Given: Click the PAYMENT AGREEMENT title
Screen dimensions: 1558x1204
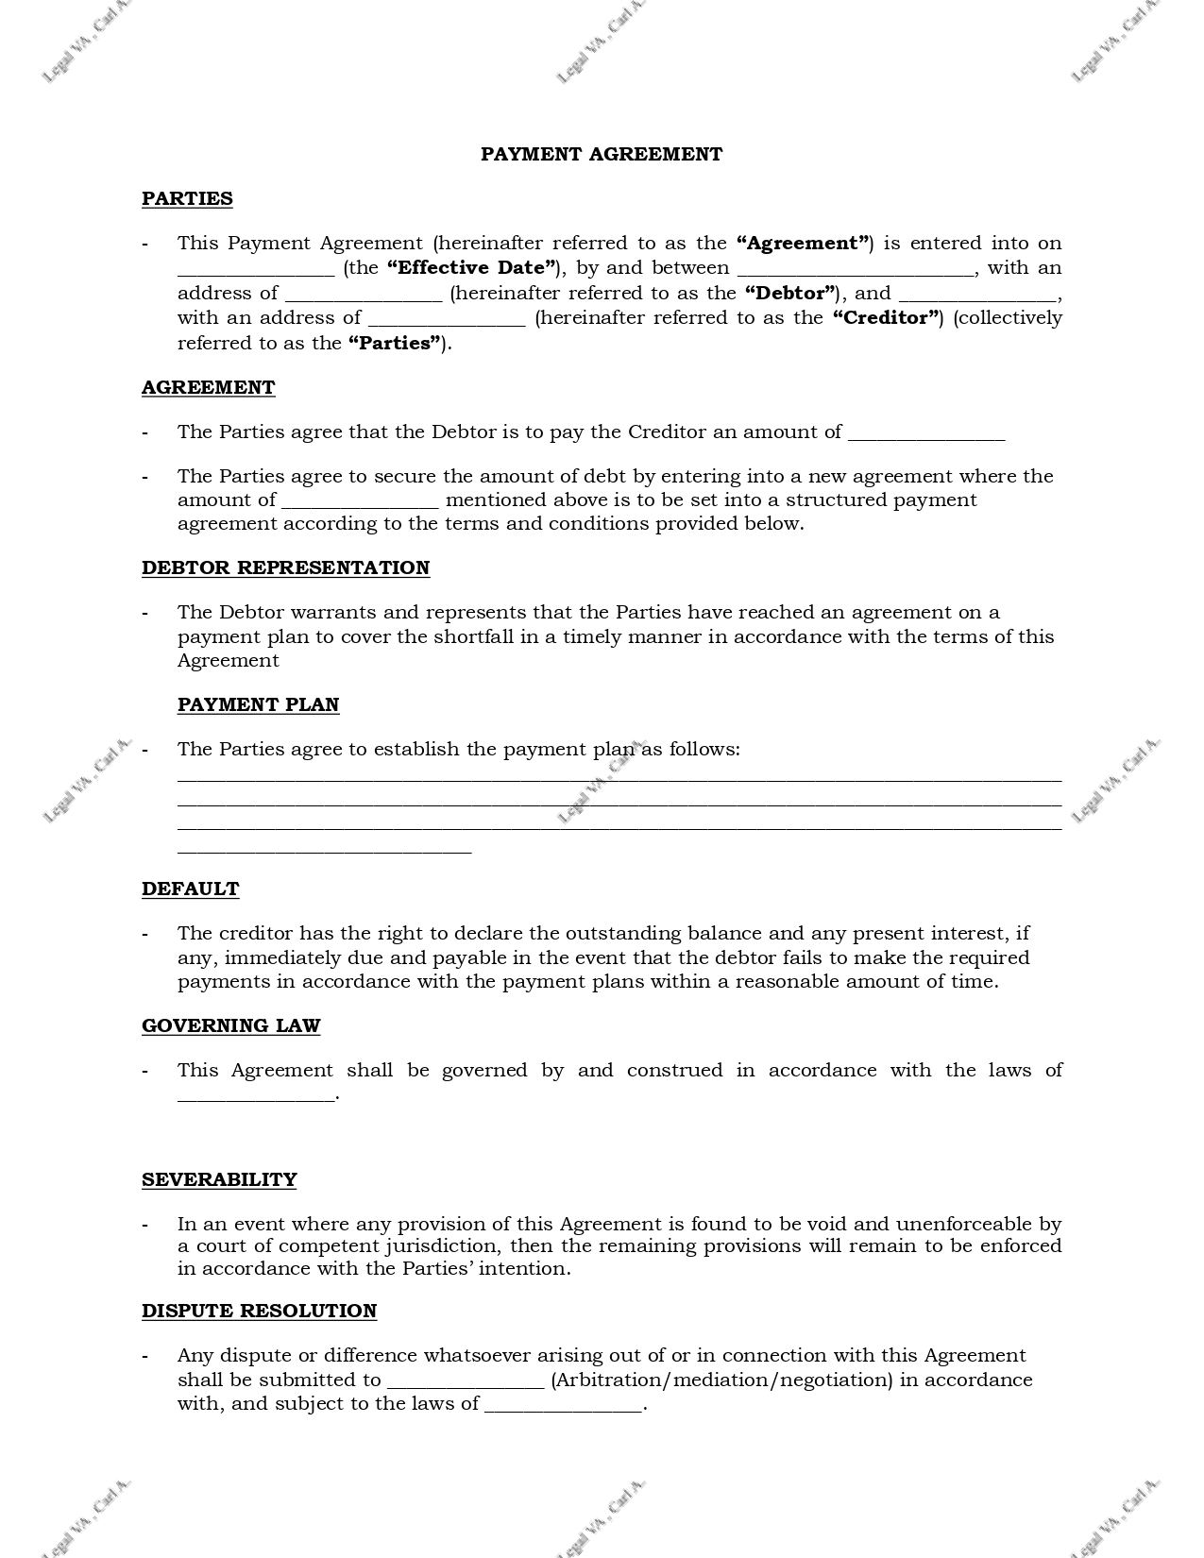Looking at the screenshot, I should [x=601, y=154].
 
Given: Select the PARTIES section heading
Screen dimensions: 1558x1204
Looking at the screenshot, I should [x=187, y=198].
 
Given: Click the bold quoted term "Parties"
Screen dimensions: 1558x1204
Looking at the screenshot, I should [x=395, y=343].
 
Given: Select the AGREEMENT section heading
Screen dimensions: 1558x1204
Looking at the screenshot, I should [x=208, y=387].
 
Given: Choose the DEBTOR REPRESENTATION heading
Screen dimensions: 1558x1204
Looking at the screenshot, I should [x=285, y=567].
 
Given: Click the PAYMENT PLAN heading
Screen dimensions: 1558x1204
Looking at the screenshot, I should [x=258, y=704].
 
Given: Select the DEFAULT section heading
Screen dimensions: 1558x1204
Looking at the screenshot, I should [x=190, y=889].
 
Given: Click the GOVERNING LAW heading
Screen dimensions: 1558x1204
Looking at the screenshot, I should [x=230, y=1025].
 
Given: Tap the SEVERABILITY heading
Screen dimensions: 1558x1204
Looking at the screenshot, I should [x=219, y=1179].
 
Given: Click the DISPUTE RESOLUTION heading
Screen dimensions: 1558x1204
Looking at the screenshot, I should [x=259, y=1311].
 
